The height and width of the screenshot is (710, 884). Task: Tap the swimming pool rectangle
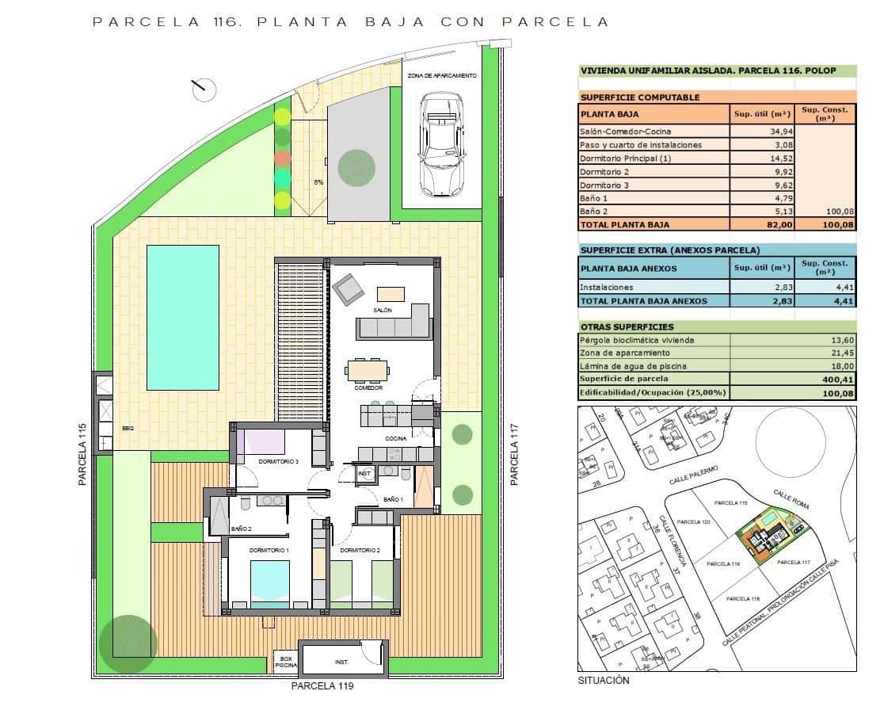click(183, 317)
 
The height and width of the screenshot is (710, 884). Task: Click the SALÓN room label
click(383, 311)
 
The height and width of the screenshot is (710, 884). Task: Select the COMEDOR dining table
click(368, 370)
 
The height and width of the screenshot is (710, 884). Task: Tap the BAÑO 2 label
click(241, 529)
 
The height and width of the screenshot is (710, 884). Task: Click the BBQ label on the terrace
click(128, 428)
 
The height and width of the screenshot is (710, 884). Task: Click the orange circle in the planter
click(282, 157)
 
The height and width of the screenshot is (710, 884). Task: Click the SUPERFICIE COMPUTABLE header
click(640, 97)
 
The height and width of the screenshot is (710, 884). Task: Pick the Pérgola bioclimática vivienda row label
click(637, 340)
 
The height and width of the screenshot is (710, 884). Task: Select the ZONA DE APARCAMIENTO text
click(442, 75)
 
